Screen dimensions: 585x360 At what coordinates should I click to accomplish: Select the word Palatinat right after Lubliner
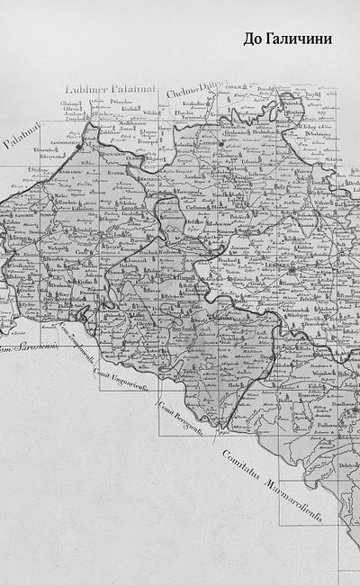point(133,87)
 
